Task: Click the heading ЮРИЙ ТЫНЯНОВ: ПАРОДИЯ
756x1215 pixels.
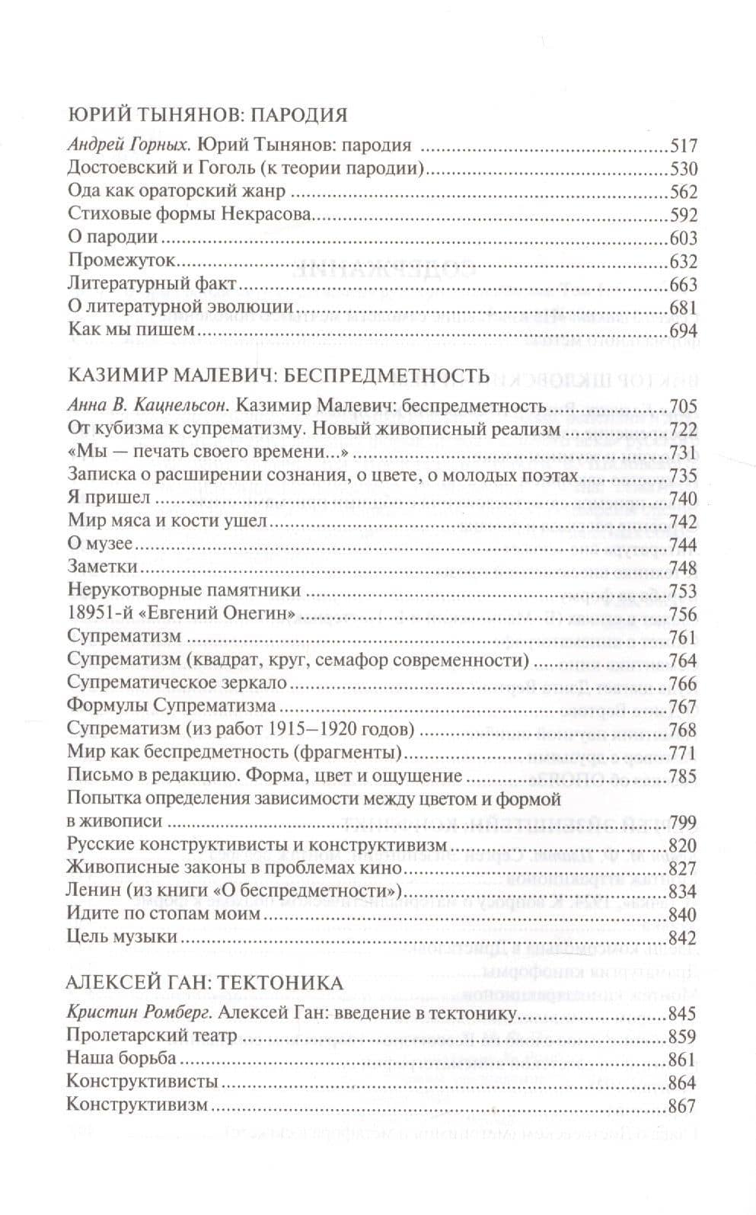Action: point(207,115)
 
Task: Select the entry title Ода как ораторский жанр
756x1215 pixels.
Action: point(176,191)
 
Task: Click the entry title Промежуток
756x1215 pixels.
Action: point(116,261)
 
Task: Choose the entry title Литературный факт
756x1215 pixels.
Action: point(153,284)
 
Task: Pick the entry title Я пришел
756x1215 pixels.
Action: point(109,498)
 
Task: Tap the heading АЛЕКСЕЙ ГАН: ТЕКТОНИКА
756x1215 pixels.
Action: point(205,983)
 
